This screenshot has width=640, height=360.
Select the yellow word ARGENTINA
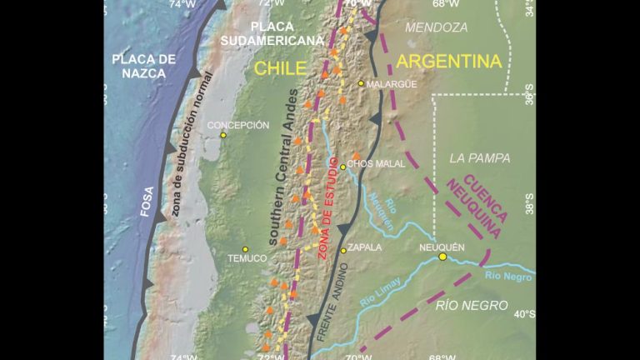(x=449, y=61)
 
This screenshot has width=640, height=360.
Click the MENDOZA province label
(x=436, y=27)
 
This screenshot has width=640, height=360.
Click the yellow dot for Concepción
(x=223, y=135)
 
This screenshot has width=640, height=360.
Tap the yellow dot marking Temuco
(x=245, y=249)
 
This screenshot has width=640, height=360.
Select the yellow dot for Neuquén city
(x=442, y=257)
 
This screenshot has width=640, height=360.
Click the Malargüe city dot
(x=361, y=83)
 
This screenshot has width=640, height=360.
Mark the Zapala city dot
(x=343, y=250)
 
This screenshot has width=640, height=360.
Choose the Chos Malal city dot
(x=342, y=167)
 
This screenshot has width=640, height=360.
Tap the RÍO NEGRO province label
(x=472, y=306)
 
